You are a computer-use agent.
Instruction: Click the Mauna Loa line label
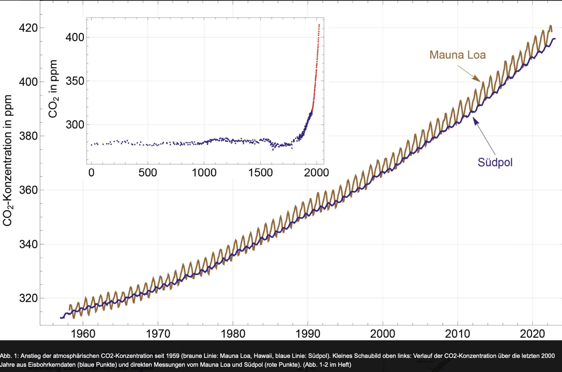[x=457, y=55]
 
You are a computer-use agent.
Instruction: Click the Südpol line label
[x=495, y=162]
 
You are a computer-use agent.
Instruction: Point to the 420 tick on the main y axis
[x=28, y=28]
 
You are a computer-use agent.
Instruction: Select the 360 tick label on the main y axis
[x=28, y=190]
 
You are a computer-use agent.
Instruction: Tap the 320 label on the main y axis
[x=28, y=298]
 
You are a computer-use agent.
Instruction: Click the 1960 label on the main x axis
[x=83, y=334]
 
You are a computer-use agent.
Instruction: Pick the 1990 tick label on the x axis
[x=308, y=334]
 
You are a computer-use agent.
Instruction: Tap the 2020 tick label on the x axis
[x=532, y=334]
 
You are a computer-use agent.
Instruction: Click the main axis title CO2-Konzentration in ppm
[x=8, y=160]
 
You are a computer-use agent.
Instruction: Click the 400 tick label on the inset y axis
[x=75, y=37]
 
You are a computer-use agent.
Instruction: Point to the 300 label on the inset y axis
[x=75, y=125]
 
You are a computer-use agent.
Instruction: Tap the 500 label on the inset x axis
[x=148, y=173]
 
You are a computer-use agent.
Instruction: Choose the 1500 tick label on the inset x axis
[x=260, y=173]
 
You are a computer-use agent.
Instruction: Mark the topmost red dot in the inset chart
[x=319, y=25]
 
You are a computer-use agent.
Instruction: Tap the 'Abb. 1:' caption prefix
[x=9, y=356]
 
